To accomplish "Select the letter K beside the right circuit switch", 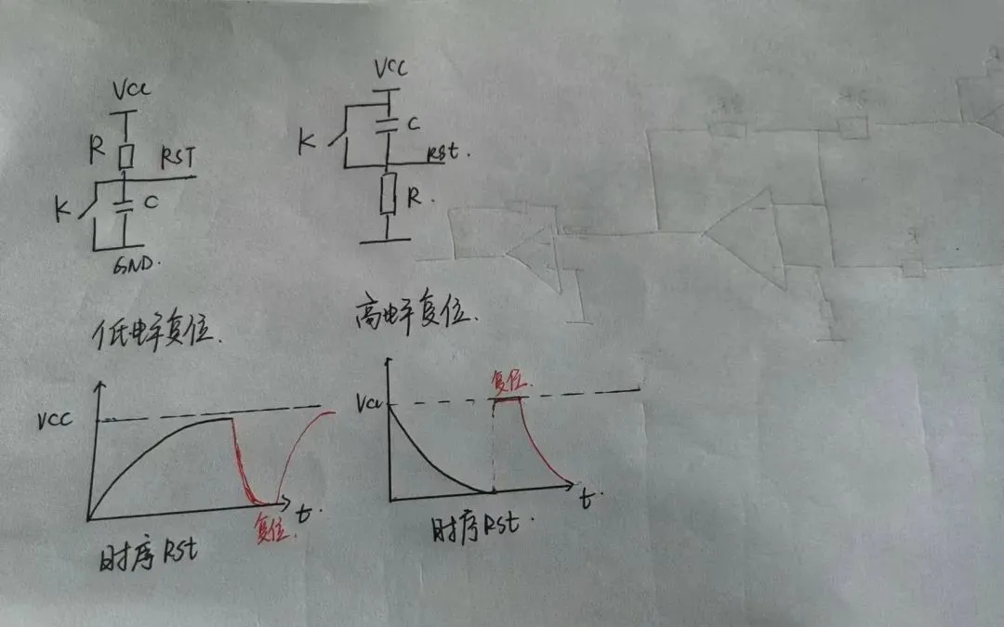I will (x=305, y=142).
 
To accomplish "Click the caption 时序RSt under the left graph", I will (x=147, y=557).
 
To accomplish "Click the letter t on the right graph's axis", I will (x=586, y=499).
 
